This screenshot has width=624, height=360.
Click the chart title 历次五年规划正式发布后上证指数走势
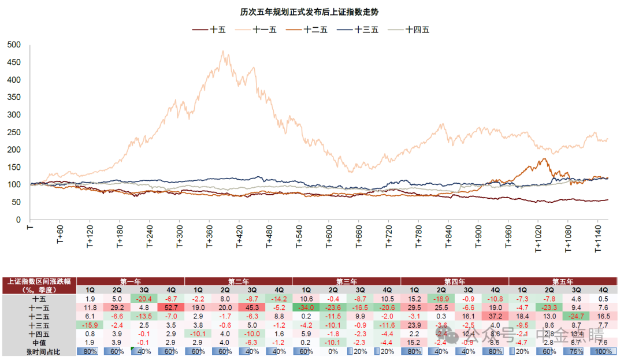[x=313, y=12]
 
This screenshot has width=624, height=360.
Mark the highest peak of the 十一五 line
[x=223, y=51]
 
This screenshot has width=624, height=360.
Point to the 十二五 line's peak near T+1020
[x=544, y=159]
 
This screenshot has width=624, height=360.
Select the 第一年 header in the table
[x=131, y=281]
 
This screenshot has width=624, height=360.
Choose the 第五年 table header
[x=563, y=281]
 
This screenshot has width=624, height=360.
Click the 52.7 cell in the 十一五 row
[x=171, y=307]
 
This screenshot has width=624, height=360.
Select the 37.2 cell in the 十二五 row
[x=495, y=316]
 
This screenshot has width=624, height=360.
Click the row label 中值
[x=39, y=342]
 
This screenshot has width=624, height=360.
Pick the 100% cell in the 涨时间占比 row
[x=603, y=351]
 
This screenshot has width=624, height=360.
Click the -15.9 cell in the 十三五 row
[x=90, y=325]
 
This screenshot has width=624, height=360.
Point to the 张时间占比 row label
[x=39, y=351]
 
